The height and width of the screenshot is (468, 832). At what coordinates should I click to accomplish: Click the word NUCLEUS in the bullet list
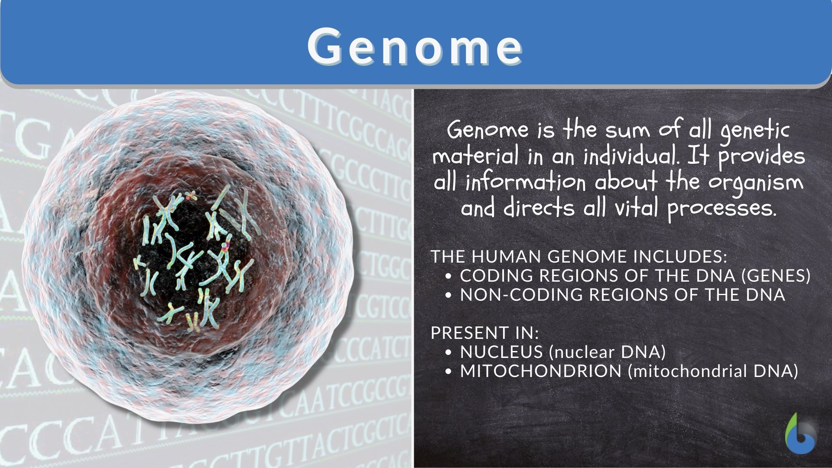(501, 352)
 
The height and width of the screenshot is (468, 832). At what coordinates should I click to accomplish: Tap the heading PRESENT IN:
(485, 333)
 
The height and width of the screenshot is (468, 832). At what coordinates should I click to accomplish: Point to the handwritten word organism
(756, 182)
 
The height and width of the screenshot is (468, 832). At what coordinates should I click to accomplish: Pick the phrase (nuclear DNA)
(607, 352)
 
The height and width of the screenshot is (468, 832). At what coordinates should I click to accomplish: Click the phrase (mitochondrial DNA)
(713, 371)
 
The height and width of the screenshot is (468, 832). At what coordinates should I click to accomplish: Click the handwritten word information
(526, 182)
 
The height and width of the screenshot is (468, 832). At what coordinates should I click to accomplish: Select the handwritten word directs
(539, 208)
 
